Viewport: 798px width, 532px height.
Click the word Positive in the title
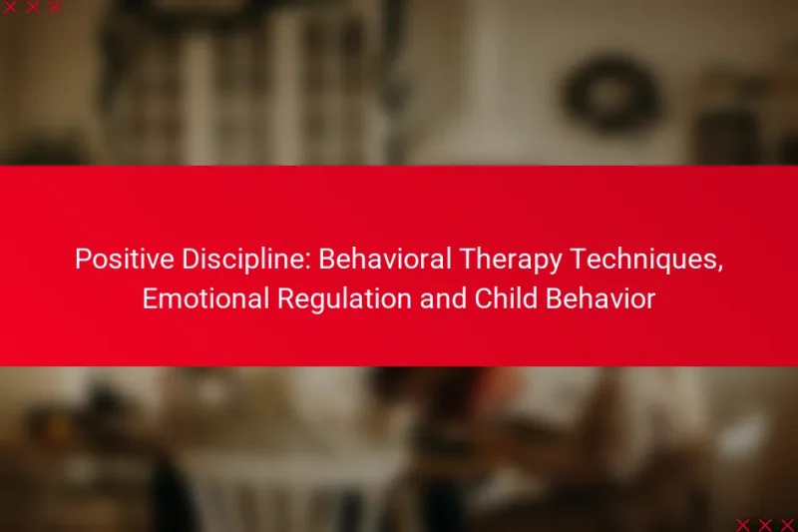pos(115,260)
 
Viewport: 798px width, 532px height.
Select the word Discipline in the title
pos(224,260)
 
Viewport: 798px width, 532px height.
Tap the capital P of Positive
pos(81,260)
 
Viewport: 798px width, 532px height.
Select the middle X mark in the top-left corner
pos(33,7)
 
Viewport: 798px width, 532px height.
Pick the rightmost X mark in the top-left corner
pos(55,7)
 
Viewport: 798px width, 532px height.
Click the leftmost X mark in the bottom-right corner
pos(742,525)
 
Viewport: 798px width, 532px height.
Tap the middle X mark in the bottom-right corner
pos(764,525)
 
